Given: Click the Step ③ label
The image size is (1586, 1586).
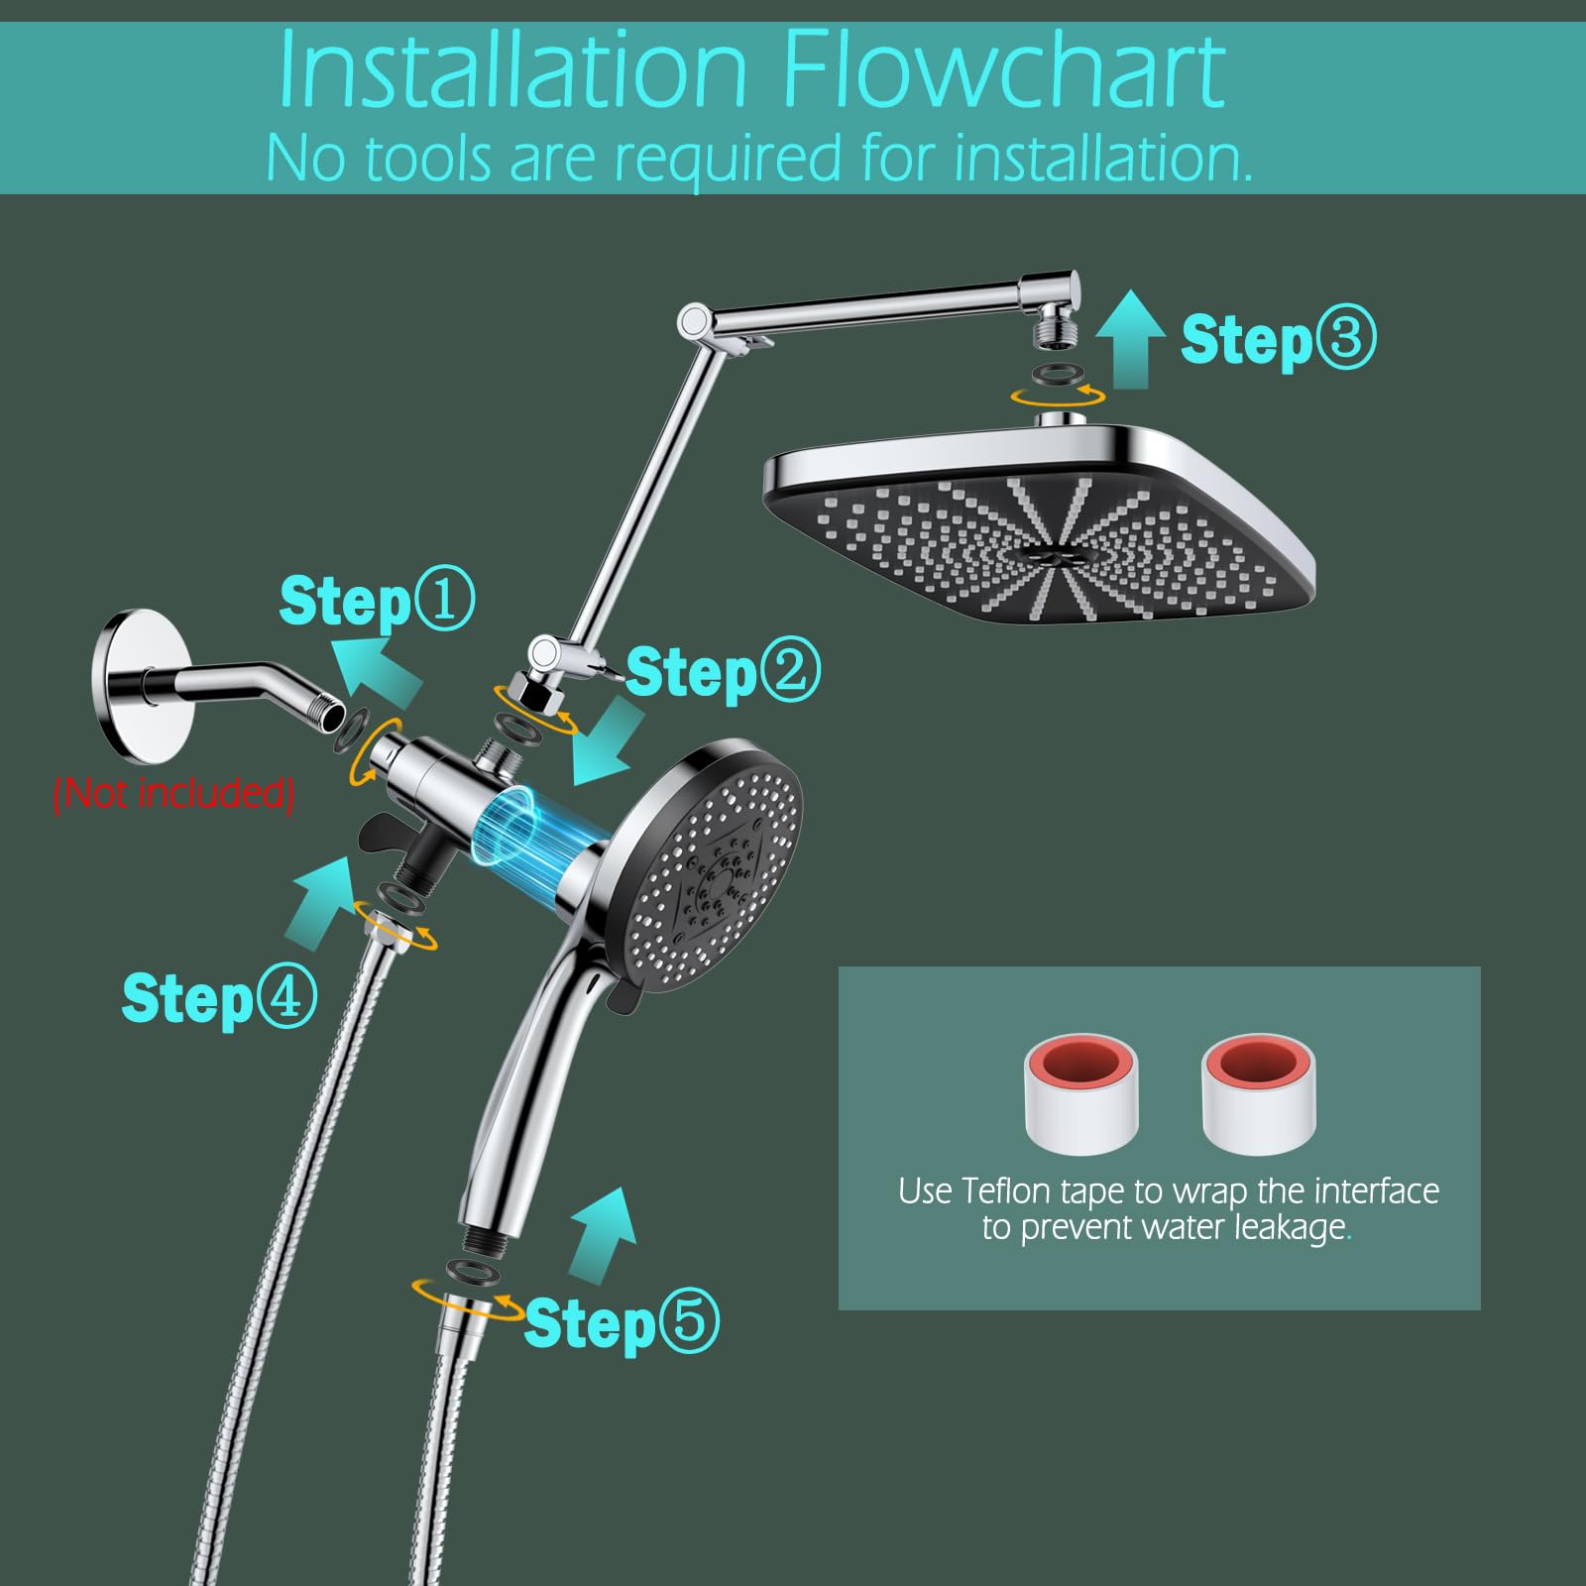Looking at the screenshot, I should (1277, 339).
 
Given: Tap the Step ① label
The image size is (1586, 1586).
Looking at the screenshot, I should (377, 601).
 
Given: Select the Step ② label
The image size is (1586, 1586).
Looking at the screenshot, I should (723, 672).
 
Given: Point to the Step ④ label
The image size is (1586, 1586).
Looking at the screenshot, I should (219, 997).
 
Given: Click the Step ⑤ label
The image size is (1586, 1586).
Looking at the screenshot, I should (621, 1322).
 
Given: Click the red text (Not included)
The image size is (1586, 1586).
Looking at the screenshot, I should (174, 793).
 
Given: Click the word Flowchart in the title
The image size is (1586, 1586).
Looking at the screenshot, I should (1003, 71).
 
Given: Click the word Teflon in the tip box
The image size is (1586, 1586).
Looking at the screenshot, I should (1007, 1190).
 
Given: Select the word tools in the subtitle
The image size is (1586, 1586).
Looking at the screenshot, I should (427, 159).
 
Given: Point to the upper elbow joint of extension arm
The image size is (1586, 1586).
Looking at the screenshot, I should (693, 321).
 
